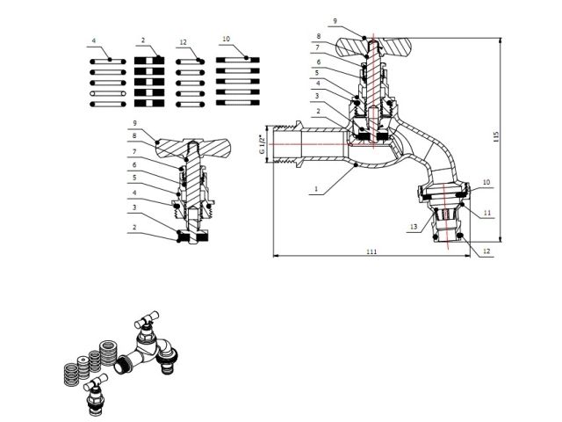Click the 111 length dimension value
click(x=371, y=252)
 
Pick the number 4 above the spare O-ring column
click(x=93, y=40)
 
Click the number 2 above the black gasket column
click(x=142, y=40)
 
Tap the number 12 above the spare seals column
click(x=182, y=40)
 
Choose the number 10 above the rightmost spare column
click(x=227, y=40)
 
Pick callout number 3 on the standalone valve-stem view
click(x=134, y=207)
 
